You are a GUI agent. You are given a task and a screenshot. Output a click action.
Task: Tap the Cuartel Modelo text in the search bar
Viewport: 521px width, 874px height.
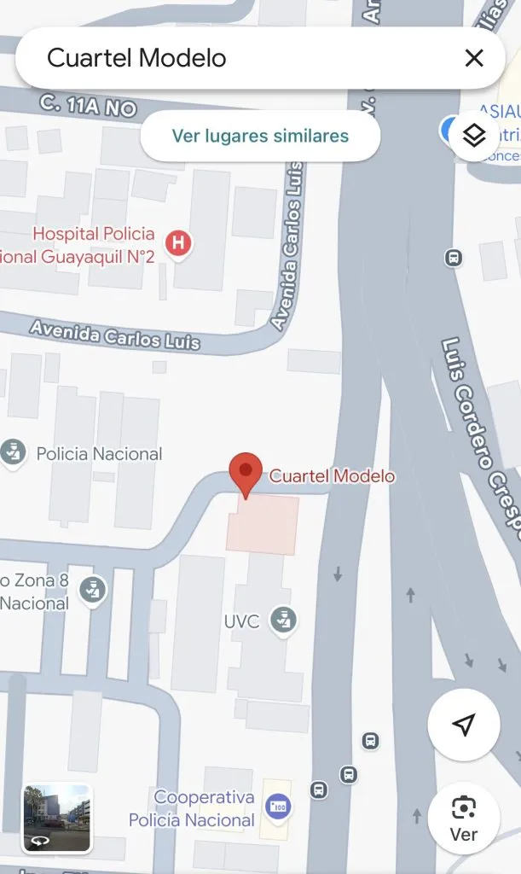click(x=136, y=58)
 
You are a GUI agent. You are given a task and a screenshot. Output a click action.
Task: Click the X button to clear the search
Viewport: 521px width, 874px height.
click(x=473, y=58)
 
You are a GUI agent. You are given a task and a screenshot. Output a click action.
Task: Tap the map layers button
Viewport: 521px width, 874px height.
click(x=473, y=135)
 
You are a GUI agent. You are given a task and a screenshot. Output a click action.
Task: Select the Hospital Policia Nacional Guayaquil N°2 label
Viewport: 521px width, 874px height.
click(x=85, y=245)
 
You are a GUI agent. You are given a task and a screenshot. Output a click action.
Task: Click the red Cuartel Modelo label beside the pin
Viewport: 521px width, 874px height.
click(x=333, y=476)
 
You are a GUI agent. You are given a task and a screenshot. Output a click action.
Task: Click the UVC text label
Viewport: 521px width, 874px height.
click(x=241, y=621)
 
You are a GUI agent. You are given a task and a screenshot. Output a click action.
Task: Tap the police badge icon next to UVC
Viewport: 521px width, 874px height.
click(x=282, y=621)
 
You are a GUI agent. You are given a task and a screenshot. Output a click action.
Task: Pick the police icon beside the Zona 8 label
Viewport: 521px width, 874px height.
click(x=92, y=591)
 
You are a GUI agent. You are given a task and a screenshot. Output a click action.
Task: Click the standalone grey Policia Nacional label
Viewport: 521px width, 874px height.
click(x=99, y=454)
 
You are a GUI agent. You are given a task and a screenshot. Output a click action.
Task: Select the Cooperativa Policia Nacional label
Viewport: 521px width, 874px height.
click(x=193, y=809)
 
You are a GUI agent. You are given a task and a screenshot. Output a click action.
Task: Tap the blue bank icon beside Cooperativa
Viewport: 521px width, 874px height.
click(x=278, y=806)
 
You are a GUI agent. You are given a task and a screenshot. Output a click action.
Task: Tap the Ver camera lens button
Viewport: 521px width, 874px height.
click(x=463, y=817)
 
